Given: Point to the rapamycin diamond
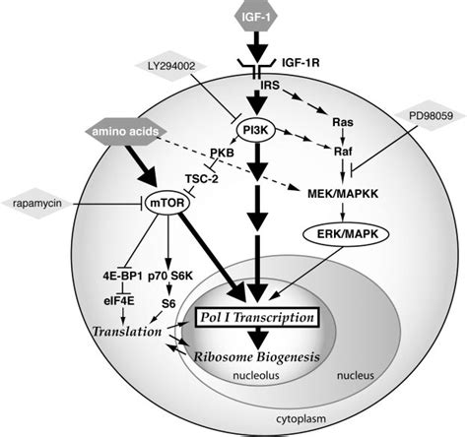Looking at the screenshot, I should click(x=38, y=206).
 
